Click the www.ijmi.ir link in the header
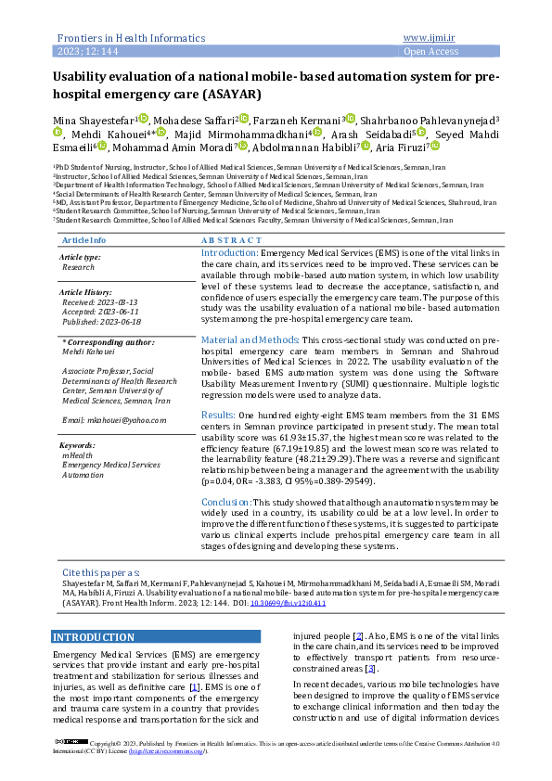click(x=430, y=38)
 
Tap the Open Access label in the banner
click(x=430, y=52)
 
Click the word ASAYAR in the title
click(x=230, y=95)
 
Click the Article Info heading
click(x=83, y=240)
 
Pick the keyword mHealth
click(x=76, y=455)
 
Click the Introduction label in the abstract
click(x=229, y=252)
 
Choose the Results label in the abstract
click(x=218, y=415)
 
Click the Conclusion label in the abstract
click(x=227, y=502)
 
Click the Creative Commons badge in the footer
click(x=71, y=743)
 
